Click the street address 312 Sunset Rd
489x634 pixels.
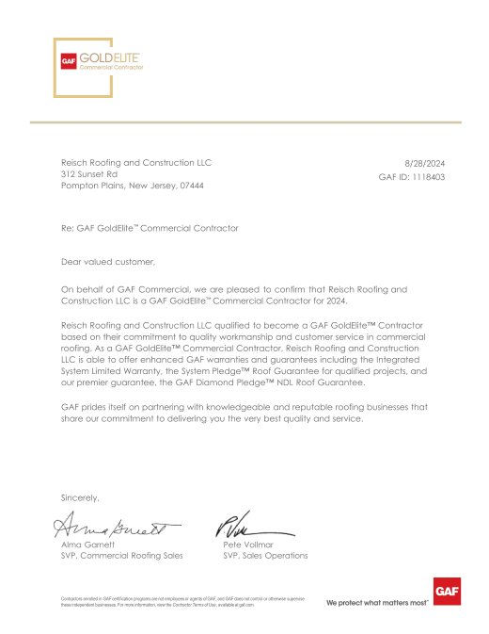point(89,174)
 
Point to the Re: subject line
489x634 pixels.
point(150,228)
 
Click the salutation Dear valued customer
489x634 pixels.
point(106,261)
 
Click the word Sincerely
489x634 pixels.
point(80,496)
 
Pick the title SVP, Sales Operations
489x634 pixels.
point(265,556)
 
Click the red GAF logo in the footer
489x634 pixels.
point(445,592)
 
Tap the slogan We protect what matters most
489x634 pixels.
point(376,601)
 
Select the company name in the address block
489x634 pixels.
point(136,163)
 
